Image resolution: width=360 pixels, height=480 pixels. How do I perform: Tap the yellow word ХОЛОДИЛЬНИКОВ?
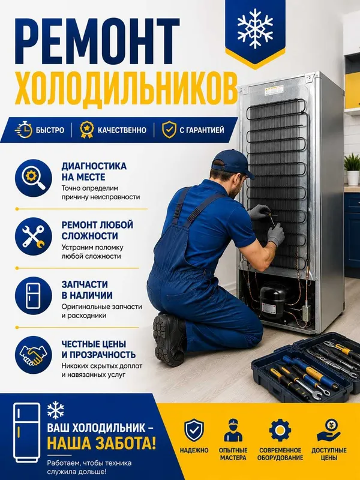point(126,88)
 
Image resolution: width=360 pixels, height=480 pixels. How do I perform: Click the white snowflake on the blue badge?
point(256,28)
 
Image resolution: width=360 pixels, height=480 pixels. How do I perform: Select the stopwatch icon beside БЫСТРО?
point(23,130)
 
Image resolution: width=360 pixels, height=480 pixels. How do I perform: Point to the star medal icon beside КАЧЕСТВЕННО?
point(86,130)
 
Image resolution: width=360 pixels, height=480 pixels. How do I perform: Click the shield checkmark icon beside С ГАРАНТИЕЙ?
point(169,130)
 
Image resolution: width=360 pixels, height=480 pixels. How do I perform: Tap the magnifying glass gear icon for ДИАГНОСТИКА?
point(34,178)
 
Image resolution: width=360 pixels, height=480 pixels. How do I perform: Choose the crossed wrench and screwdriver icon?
point(34,236)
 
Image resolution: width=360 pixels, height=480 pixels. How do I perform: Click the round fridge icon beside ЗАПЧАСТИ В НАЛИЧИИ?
point(34,295)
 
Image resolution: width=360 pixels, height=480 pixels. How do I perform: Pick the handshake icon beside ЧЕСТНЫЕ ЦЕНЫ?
point(34,355)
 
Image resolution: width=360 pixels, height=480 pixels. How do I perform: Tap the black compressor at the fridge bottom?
point(273,302)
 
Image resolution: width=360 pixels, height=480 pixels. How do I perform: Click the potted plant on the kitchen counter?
point(352,169)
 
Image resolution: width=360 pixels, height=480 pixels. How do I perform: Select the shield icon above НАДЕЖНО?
point(194,430)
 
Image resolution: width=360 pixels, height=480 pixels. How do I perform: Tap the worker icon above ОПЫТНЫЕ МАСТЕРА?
point(233,430)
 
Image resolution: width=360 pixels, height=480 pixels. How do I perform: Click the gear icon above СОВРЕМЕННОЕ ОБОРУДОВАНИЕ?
point(280,430)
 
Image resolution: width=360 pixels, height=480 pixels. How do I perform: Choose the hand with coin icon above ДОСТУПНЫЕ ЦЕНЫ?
point(329,430)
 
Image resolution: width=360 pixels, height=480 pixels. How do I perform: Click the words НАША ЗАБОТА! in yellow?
point(101,443)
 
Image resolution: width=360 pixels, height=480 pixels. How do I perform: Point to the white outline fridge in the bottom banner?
point(26,432)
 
